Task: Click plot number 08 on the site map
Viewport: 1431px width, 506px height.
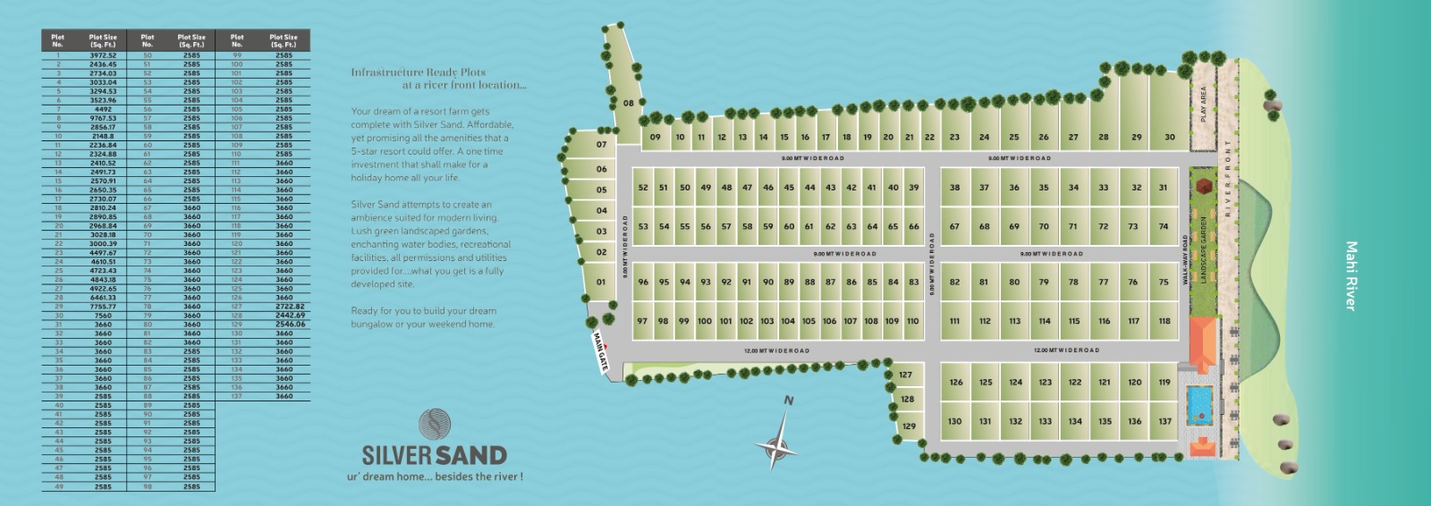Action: (628, 103)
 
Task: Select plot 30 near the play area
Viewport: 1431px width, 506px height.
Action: (1169, 137)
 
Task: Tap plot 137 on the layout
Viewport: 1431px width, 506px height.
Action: (1164, 421)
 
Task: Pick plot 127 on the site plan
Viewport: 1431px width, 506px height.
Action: (905, 375)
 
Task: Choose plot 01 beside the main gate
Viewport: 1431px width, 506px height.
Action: (601, 282)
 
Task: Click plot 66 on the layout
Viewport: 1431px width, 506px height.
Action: (913, 226)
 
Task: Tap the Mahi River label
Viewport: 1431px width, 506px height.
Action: (1351, 275)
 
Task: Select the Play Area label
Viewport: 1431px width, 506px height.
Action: (1203, 104)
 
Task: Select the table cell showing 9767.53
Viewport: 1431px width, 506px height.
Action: (103, 118)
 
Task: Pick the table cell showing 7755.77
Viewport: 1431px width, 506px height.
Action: (103, 307)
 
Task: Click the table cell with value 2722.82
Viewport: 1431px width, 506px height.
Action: (284, 307)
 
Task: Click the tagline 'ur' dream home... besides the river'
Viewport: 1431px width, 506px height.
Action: (435, 476)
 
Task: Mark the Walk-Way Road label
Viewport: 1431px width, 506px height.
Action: (1185, 260)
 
